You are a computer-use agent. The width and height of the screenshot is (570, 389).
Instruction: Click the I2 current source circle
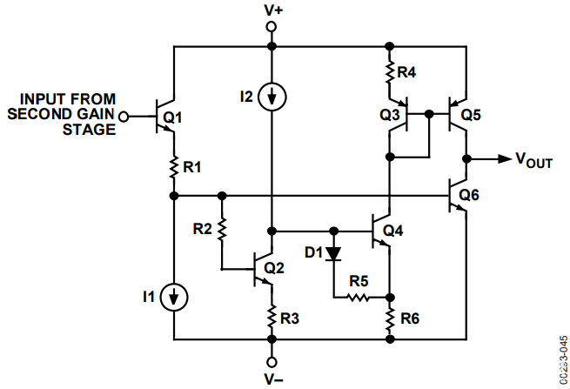(272, 95)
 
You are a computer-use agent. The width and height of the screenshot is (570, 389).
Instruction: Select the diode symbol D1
(334, 255)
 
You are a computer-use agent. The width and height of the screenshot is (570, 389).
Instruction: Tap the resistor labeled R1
(174, 164)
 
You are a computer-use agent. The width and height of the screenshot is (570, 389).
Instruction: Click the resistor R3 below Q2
(272, 315)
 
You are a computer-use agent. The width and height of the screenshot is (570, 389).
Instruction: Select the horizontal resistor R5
(359, 297)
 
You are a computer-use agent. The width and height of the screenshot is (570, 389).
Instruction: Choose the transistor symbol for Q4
(381, 231)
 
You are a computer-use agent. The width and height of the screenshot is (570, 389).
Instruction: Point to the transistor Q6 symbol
(458, 196)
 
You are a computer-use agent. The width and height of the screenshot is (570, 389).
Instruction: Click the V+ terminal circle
(272, 27)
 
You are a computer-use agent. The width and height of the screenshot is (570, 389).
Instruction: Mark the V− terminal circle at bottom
(272, 361)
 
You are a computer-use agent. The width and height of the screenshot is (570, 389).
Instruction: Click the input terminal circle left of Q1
(124, 116)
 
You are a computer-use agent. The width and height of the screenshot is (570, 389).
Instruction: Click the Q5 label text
(471, 114)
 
